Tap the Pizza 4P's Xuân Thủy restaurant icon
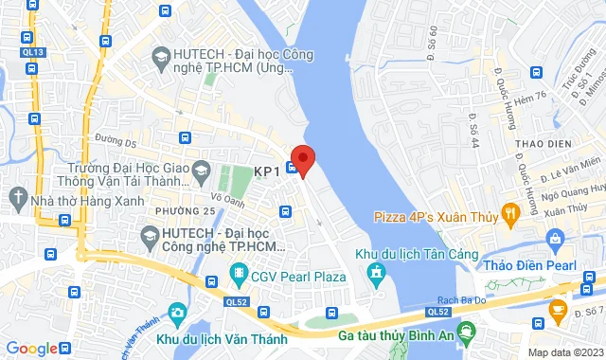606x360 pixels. point(510,215)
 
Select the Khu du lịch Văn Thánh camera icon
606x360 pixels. point(177,313)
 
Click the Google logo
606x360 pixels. point(31,348)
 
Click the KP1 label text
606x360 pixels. point(267,171)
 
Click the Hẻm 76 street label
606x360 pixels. point(530,99)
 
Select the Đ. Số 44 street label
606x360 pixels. point(473,121)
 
